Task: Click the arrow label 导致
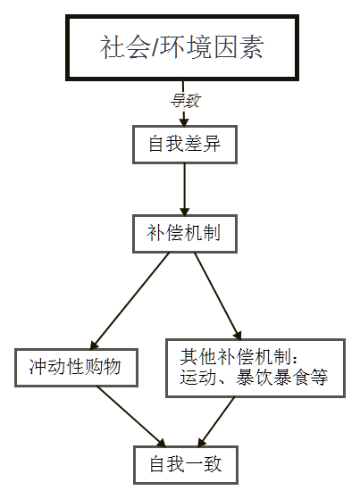pos(185,101)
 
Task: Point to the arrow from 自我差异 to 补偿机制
pos(184,189)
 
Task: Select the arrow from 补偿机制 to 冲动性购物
pos(130,301)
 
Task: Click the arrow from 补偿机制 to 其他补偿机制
pos(218,296)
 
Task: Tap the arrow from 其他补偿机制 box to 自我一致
pos(216,421)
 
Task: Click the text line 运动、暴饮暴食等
pos(254,378)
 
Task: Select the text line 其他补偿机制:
pos(239,356)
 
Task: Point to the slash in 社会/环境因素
pos(155,47)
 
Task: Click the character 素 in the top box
pos(252,47)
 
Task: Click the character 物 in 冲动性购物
pos(111,367)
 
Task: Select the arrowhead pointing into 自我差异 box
pos(184,122)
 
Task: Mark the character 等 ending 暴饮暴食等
pos(319,378)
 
